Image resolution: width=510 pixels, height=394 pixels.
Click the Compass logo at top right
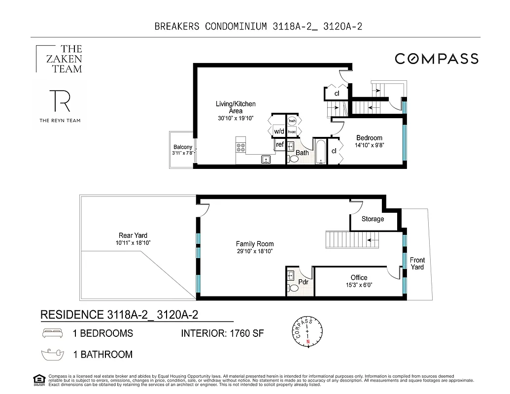tap(436, 59)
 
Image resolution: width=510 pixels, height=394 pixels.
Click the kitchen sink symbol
tap(266, 159)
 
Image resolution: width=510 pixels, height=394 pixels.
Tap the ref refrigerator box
tap(280, 144)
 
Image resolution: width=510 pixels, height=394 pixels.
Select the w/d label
tap(279, 131)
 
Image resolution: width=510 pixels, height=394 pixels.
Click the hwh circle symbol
tap(292, 121)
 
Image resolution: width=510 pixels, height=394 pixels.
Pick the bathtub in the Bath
tap(320, 152)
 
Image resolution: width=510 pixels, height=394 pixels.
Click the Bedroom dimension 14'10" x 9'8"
tap(369, 145)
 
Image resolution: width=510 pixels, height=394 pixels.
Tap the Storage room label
tap(373, 219)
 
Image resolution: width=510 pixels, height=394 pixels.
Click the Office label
tap(359, 278)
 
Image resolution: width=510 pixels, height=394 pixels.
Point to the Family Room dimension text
tap(254, 251)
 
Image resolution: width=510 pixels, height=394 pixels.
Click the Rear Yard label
tap(133, 235)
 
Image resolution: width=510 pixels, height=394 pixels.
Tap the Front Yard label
tap(417, 263)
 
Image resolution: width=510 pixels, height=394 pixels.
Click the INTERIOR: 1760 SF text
tap(222, 333)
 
